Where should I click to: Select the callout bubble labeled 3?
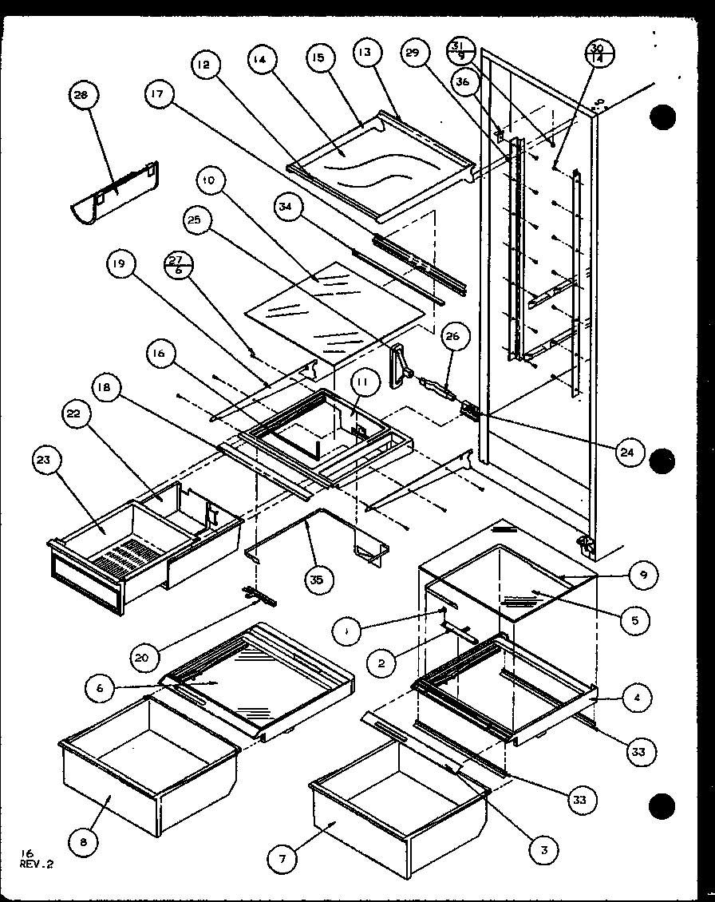point(543,849)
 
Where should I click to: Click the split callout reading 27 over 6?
point(178,263)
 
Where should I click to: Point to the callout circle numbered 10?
point(208,182)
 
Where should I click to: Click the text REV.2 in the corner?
point(36,862)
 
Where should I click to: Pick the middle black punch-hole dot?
point(662,461)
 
